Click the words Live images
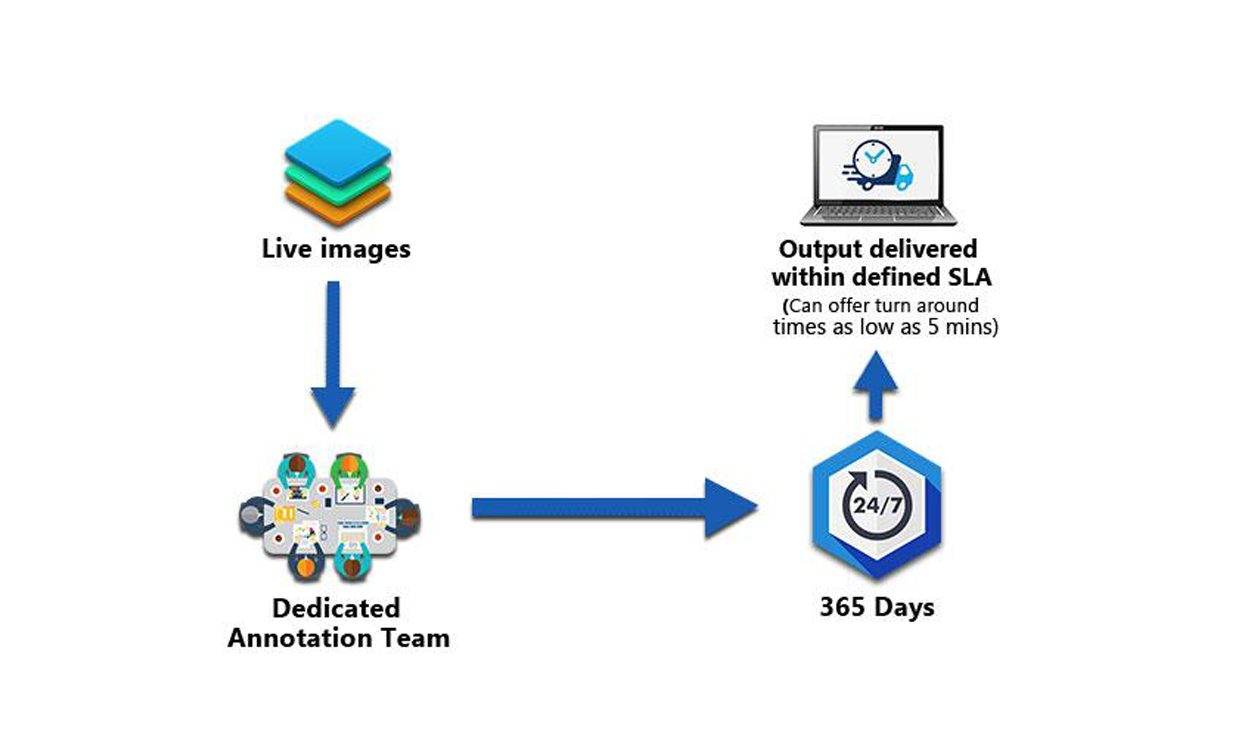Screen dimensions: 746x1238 [336, 249]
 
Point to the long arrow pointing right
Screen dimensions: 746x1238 [613, 508]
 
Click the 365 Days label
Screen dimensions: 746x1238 [877, 607]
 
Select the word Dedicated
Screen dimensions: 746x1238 [336, 608]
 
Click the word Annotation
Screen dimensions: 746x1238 [300, 639]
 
